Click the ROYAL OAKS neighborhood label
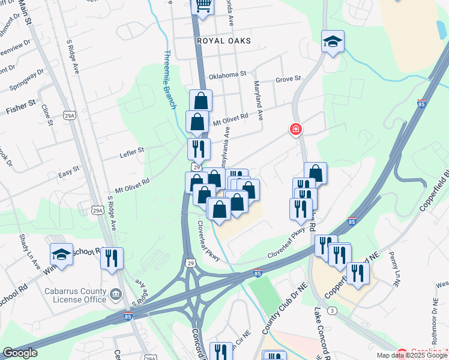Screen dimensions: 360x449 223,41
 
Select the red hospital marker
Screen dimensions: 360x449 295,129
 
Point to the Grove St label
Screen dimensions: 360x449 288,80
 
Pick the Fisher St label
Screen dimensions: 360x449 17,110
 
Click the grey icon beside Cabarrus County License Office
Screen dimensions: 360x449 116,295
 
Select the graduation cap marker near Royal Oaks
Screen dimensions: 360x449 333,41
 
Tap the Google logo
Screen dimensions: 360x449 20,353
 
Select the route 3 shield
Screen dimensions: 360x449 333,310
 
